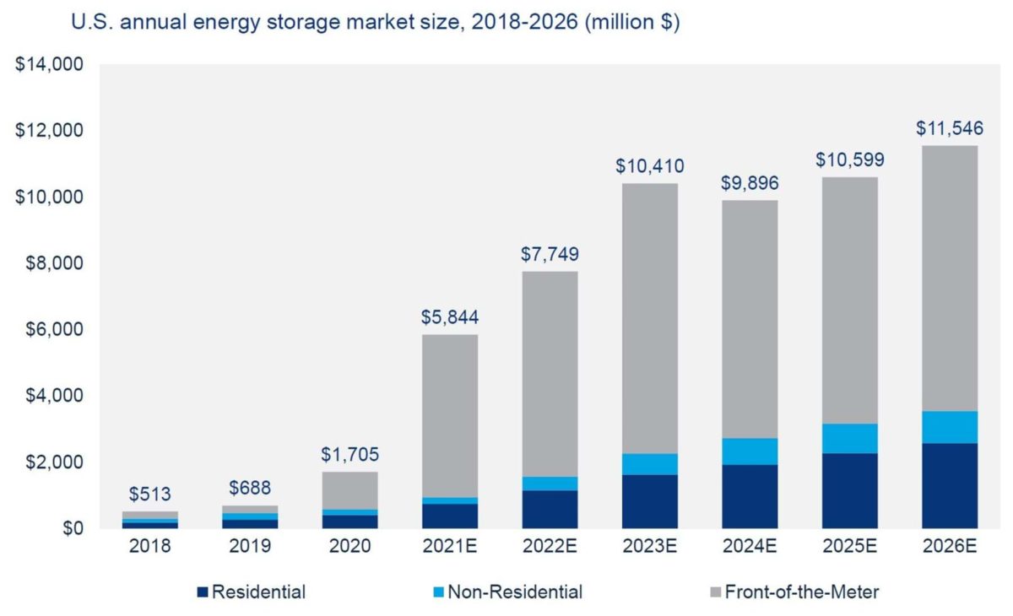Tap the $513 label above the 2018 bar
tap(150, 494)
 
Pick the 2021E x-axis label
tap(450, 547)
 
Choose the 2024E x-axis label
tap(750, 547)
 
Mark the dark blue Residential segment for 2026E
tap(950, 486)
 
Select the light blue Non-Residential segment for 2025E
tap(850, 439)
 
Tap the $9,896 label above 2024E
tap(750, 183)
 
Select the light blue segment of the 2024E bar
tap(750, 451)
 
